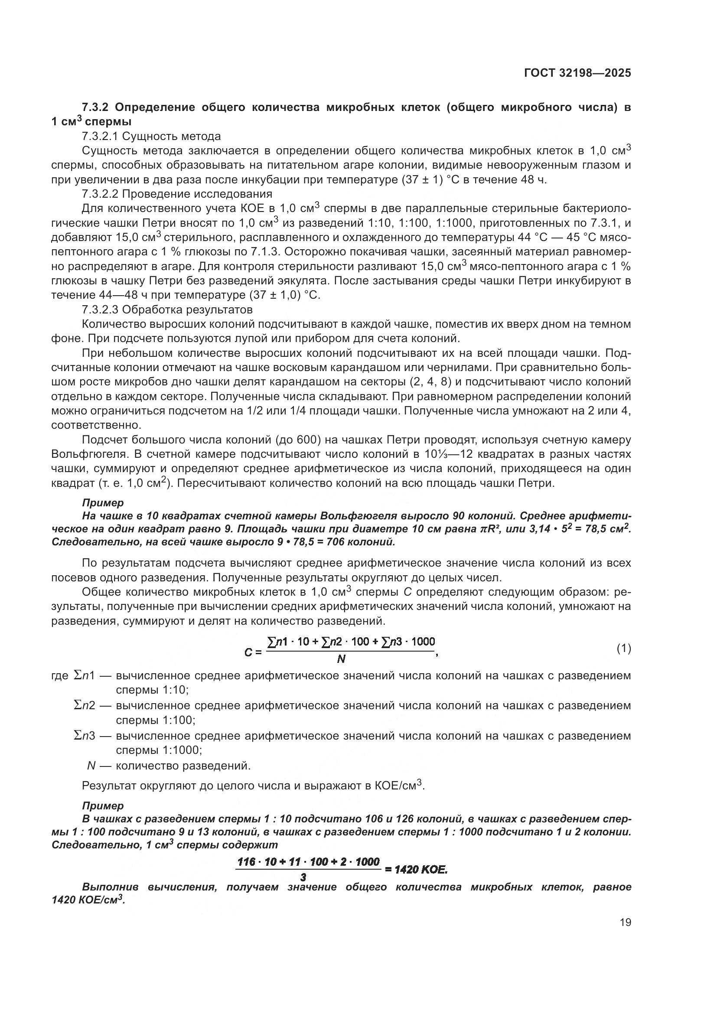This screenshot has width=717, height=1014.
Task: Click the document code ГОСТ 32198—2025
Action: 577,73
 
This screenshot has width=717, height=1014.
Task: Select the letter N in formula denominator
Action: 341,659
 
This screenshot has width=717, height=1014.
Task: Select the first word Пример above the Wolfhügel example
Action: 103,502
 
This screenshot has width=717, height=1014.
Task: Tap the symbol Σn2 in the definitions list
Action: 85,705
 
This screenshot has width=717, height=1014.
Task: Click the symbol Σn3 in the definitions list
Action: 85,736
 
